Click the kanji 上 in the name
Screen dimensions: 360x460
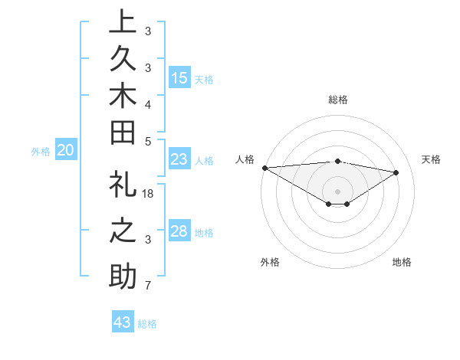coord(123,22)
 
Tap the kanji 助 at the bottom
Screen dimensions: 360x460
coord(123,275)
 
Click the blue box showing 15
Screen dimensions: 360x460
coord(179,77)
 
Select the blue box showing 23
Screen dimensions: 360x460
coord(179,159)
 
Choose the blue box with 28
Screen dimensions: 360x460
coord(179,231)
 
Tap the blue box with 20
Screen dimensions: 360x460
coord(66,150)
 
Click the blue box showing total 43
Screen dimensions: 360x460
coord(123,322)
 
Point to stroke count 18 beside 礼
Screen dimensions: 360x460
coord(149,193)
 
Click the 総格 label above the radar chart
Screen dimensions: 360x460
coord(337,100)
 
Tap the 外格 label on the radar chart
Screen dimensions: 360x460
coord(270,262)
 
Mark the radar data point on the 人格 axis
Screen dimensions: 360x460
coord(264,168)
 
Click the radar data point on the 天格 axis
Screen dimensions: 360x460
coord(396,172)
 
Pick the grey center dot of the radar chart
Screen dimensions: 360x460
coord(337,190)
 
